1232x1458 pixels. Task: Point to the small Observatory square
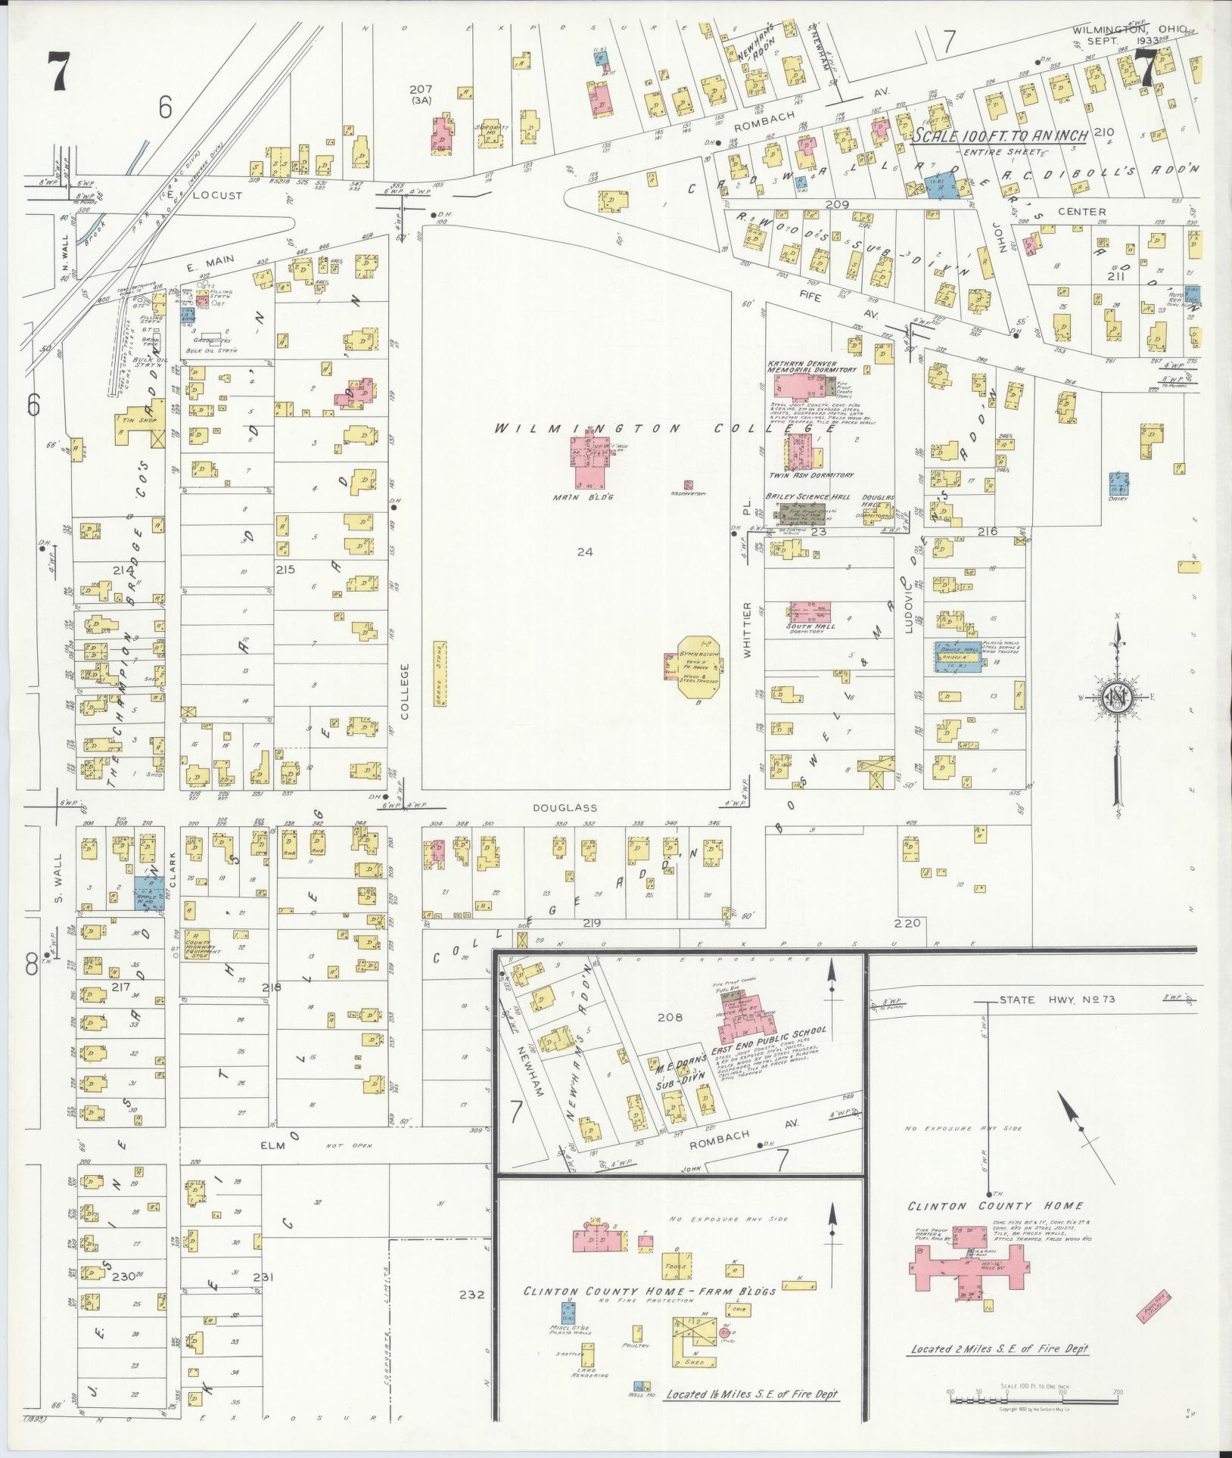click(688, 484)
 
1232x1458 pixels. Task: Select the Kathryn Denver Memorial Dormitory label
click(812, 366)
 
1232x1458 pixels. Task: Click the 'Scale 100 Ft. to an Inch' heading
click(999, 135)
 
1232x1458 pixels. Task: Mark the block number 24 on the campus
click(584, 552)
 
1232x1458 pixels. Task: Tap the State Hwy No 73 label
click(1048, 999)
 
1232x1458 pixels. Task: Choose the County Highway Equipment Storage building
click(198, 942)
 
